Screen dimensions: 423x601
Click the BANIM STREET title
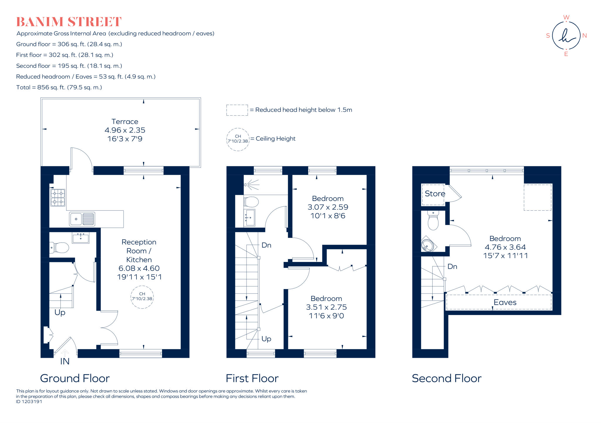[69, 22]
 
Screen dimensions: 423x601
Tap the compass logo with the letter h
[566, 36]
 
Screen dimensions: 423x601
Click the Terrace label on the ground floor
[125, 121]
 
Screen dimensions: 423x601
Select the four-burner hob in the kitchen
[58, 197]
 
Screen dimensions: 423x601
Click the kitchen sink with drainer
[82, 219]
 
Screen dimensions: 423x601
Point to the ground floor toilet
[59, 248]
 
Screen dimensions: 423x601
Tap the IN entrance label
[65, 361]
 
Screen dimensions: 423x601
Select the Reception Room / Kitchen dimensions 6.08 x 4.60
[139, 268]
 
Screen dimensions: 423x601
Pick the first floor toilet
[251, 202]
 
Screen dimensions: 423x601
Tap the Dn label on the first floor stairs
[266, 245]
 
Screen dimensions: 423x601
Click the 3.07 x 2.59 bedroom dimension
[328, 207]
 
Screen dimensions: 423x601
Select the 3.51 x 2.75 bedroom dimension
[326, 307]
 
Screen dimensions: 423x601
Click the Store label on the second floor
[435, 194]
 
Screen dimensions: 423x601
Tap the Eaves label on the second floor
[505, 302]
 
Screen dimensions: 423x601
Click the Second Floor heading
[446, 378]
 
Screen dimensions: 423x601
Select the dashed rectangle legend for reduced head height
[237, 110]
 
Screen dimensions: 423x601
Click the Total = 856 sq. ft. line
[59, 87]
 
